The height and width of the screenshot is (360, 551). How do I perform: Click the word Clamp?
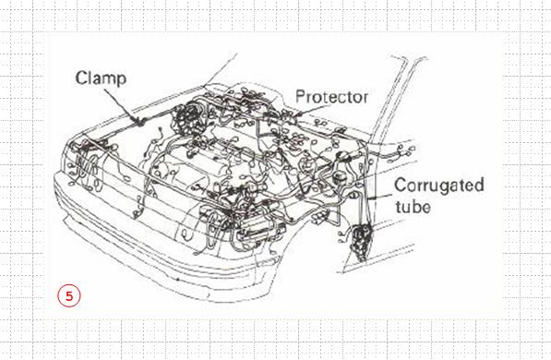click(101, 78)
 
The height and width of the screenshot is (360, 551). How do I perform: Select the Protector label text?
click(331, 97)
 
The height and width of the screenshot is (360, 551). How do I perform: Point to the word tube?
click(413, 206)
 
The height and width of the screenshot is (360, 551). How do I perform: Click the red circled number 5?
click(69, 295)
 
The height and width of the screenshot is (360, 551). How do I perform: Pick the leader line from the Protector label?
click(310, 110)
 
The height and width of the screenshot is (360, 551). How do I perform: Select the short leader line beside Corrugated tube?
click(380, 197)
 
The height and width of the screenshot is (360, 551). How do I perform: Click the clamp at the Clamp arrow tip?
click(141, 122)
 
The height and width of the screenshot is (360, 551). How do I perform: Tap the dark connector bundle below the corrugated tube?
click(361, 242)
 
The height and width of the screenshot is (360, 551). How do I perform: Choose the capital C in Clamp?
click(81, 78)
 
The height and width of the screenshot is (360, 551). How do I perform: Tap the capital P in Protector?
click(300, 97)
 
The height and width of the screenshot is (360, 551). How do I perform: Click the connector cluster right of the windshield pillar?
click(401, 153)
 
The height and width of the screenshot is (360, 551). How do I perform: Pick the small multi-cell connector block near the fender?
click(320, 217)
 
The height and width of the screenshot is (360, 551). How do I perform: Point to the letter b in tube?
click(417, 206)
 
